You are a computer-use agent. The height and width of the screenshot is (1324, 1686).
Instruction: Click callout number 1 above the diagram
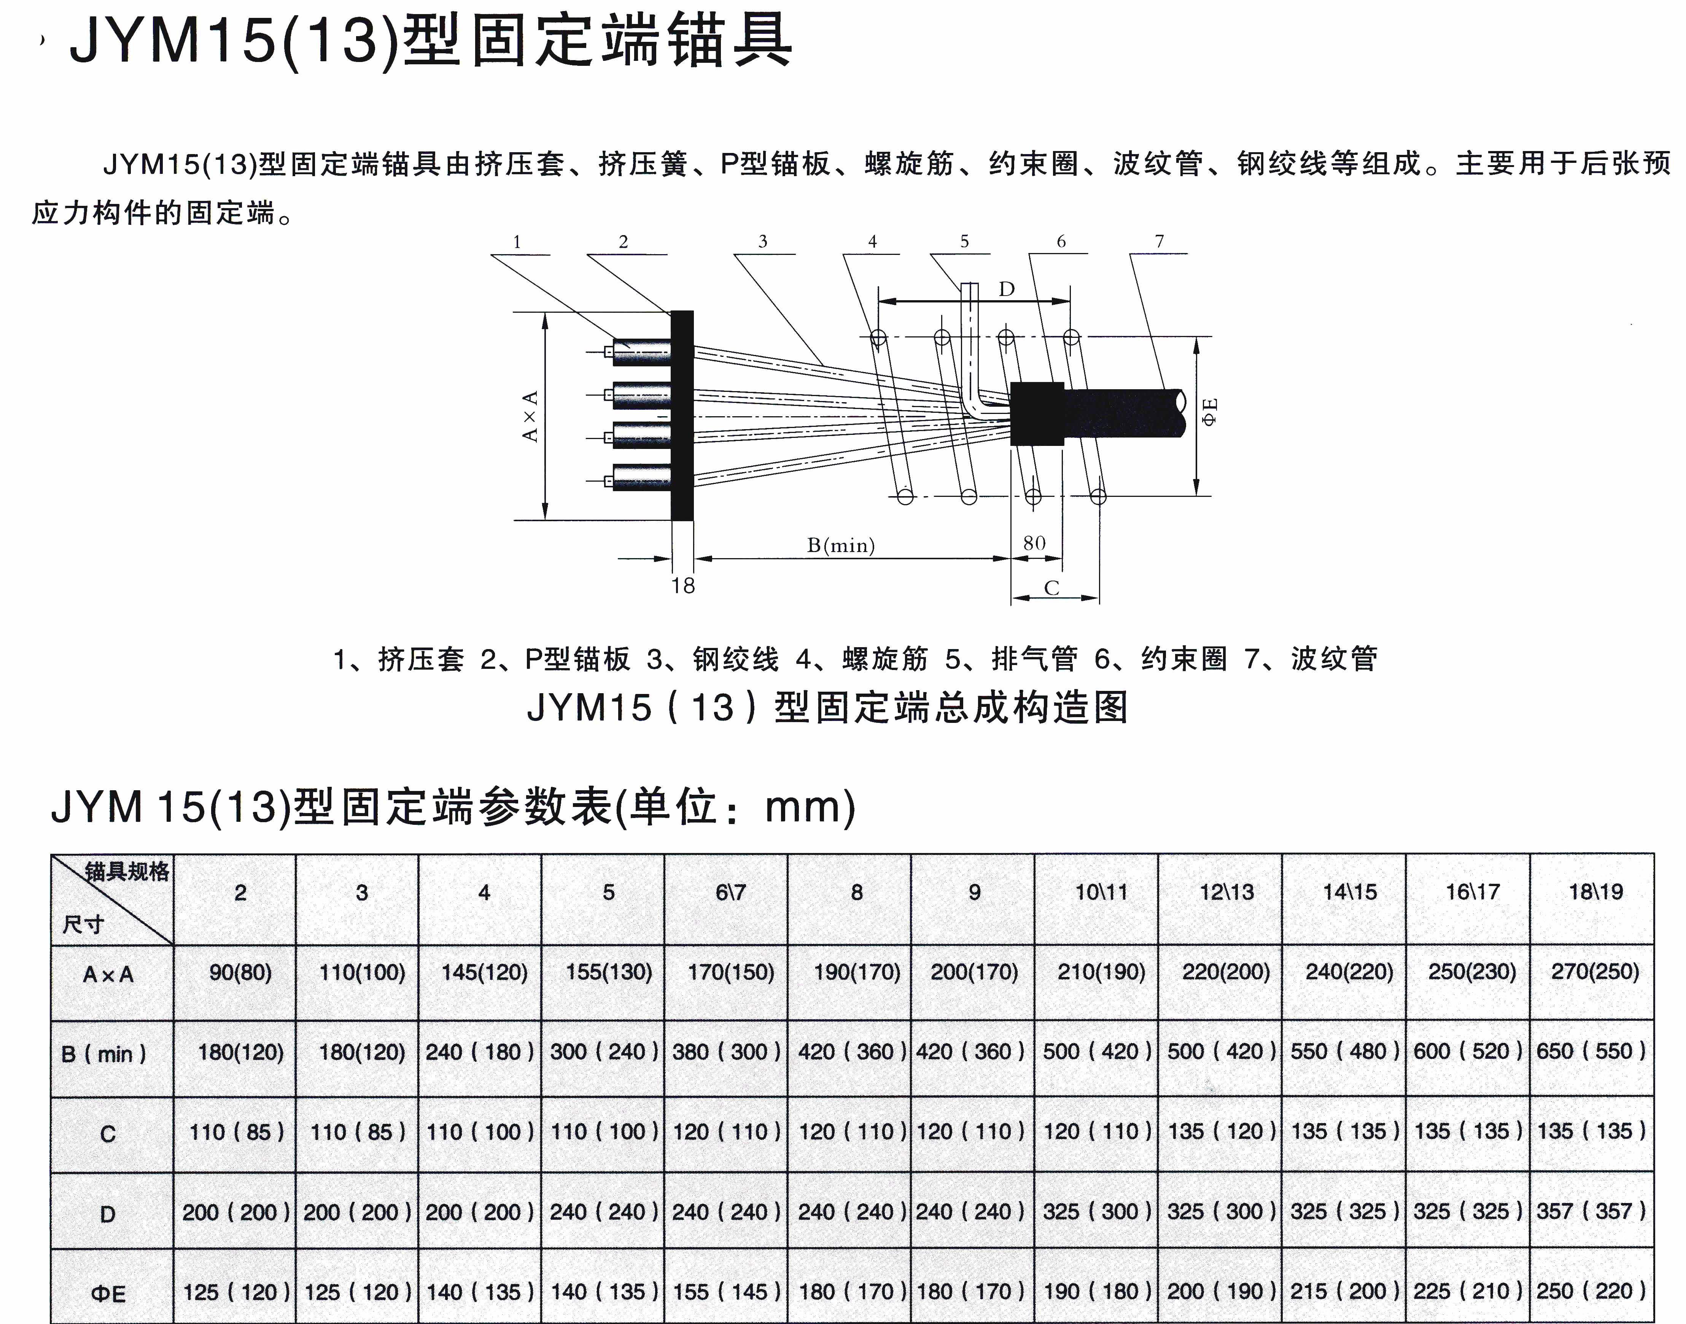[x=517, y=242]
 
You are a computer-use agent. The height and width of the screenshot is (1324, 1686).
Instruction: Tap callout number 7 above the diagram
[x=1160, y=242]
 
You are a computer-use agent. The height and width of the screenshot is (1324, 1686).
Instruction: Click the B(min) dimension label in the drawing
[x=841, y=546]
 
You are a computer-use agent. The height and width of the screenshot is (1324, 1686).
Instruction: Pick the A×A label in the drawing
[x=530, y=416]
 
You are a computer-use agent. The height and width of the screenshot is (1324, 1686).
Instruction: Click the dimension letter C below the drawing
[x=1051, y=588]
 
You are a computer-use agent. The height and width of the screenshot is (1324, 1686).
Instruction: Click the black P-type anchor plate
[x=682, y=415]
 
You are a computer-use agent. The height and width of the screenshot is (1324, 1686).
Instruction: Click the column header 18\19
[x=1595, y=892]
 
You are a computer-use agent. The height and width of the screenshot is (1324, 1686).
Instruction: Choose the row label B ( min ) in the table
[x=104, y=1054]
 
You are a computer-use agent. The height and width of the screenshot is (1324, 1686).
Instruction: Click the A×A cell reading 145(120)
[x=485, y=972]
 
